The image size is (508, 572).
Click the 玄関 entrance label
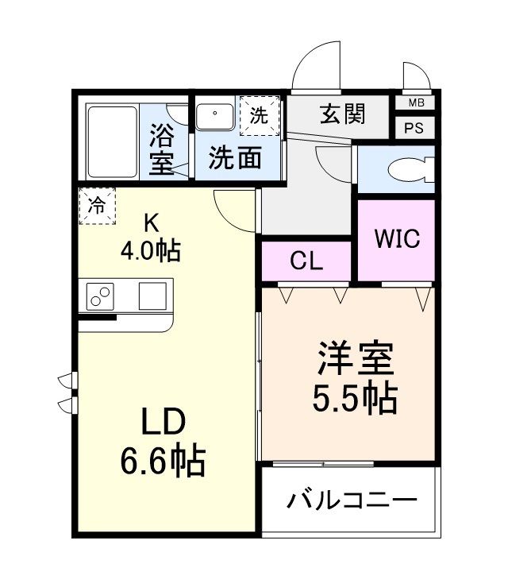click(343, 115)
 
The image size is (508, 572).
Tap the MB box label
click(415, 103)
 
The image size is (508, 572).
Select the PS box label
click(415, 128)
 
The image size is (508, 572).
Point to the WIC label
click(396, 240)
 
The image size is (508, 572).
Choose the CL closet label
click(306, 262)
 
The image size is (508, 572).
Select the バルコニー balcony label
click(352, 501)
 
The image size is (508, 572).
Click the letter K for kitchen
click(150, 222)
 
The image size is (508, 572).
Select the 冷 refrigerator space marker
click(97, 206)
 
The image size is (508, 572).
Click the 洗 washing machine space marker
click(260, 114)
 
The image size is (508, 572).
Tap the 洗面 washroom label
click(235, 157)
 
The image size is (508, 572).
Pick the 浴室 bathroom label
click(164, 148)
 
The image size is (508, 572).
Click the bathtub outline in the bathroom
click(112, 141)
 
